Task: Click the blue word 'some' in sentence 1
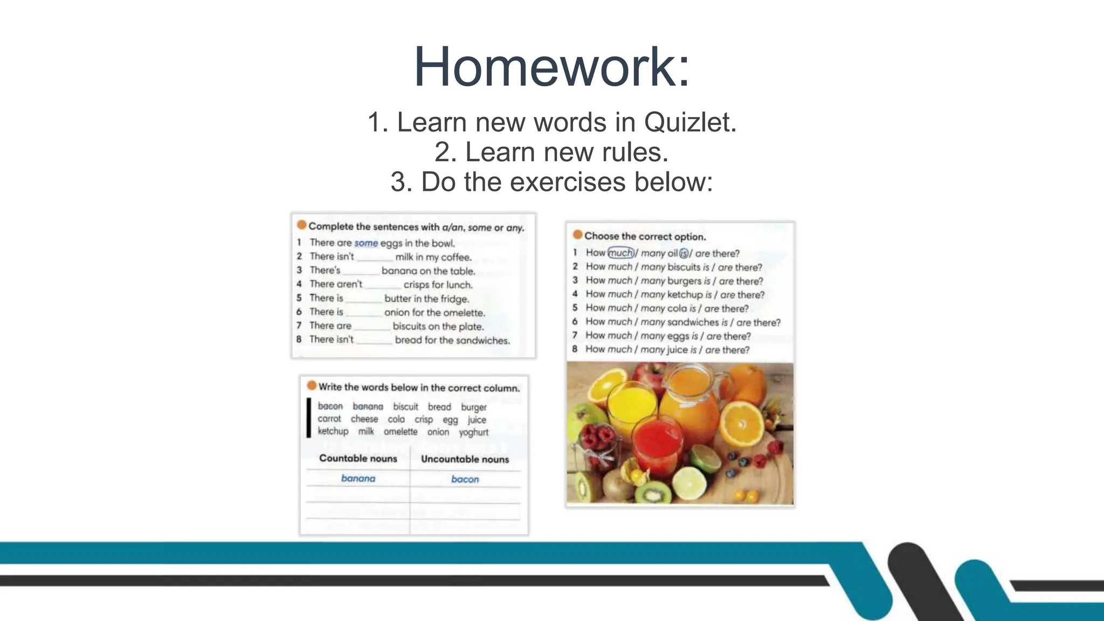(366, 243)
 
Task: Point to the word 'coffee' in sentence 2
(456, 257)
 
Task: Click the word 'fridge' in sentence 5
(454, 299)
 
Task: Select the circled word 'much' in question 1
(620, 253)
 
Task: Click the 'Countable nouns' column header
(358, 458)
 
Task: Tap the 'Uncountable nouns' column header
(465, 459)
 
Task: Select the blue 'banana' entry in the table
(358, 478)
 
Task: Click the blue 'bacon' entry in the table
(465, 479)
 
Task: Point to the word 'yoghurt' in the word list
(473, 432)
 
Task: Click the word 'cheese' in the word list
(364, 419)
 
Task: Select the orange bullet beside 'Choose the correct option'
(577, 234)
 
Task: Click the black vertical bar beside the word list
(309, 418)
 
